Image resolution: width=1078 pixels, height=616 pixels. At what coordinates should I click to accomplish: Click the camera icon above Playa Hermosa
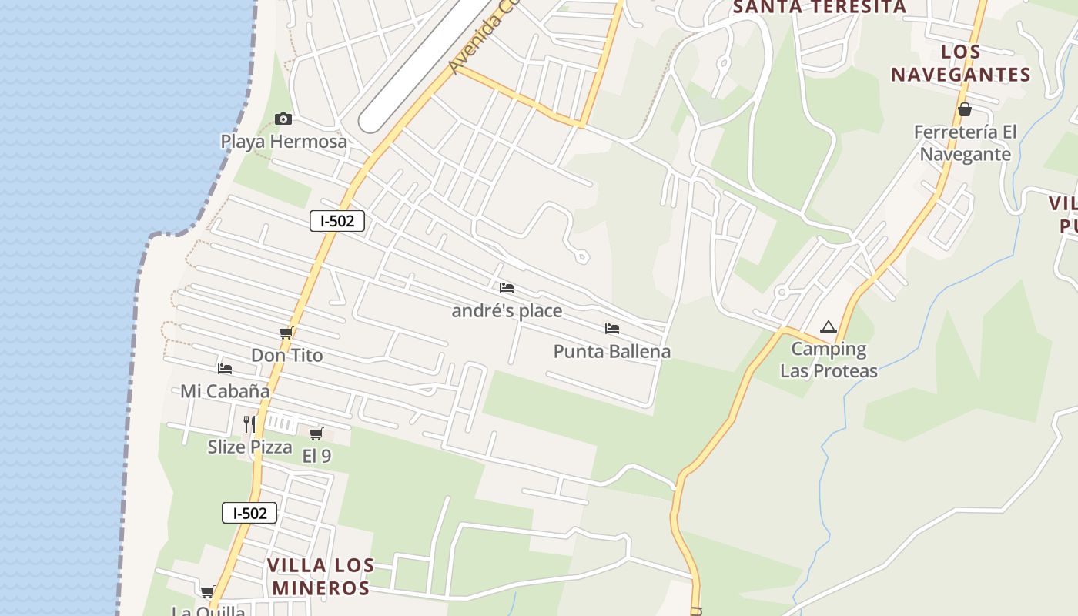[x=283, y=119]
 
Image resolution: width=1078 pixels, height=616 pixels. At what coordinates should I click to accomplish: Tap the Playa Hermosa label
[x=283, y=142]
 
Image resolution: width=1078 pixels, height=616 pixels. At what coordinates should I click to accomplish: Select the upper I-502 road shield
[x=337, y=221]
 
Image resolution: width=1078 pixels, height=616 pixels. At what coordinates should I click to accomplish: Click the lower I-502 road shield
[x=249, y=513]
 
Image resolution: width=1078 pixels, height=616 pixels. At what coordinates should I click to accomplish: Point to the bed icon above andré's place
[x=506, y=288]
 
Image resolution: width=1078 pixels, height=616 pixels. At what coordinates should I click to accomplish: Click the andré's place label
[x=507, y=311]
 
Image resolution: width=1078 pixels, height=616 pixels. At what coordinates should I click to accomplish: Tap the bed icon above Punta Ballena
[x=612, y=329]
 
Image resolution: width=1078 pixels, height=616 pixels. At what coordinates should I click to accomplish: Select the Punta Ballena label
[x=612, y=352]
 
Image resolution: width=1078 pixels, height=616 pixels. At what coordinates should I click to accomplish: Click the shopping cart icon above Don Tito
[x=286, y=333]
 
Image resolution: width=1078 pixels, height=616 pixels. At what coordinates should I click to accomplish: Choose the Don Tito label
[x=286, y=356]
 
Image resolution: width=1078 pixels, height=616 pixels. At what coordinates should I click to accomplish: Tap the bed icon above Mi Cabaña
[x=225, y=369]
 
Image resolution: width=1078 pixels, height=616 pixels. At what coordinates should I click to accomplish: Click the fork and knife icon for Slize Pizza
[x=249, y=423]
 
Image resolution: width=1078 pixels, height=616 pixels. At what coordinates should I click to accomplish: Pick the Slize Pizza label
[x=249, y=447]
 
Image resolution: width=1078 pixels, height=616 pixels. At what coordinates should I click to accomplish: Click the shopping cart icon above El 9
[x=316, y=434]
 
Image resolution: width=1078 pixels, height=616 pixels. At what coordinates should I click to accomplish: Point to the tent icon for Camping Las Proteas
[x=828, y=326]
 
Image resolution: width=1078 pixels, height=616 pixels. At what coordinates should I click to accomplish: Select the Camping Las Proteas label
[x=829, y=360]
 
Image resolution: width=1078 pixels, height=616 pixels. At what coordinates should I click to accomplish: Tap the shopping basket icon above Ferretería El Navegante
[x=965, y=109]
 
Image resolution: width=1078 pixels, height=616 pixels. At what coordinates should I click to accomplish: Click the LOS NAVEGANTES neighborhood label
[x=960, y=63]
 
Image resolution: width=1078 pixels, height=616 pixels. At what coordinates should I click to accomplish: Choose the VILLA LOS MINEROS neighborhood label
[x=320, y=577]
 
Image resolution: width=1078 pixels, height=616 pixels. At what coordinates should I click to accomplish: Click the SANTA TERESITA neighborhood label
[x=819, y=7]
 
